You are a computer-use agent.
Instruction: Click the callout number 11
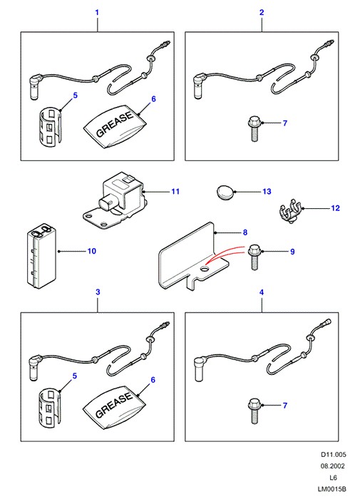tap(175, 191)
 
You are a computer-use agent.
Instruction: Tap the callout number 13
tap(267, 191)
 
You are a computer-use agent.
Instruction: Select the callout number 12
tap(335, 208)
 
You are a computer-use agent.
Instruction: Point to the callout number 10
tap(92, 251)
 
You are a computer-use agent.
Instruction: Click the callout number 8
tap(245, 232)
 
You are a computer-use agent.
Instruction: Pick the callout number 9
tap(292, 252)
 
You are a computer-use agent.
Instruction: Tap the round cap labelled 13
tap(225, 192)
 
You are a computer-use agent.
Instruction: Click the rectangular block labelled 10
tap(41, 256)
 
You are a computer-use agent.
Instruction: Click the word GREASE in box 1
tap(114, 124)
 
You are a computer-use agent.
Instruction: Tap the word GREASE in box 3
tap(113, 406)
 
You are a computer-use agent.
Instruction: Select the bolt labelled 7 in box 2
tap(254, 129)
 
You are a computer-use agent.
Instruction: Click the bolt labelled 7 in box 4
tap(254, 411)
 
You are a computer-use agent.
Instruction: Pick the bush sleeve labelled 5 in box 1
tap(50, 128)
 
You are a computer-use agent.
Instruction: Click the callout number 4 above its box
tap(262, 292)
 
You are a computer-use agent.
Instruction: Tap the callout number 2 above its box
tap(262, 12)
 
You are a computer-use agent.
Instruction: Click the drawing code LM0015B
tap(331, 489)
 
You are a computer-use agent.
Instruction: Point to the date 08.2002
tap(332, 466)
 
